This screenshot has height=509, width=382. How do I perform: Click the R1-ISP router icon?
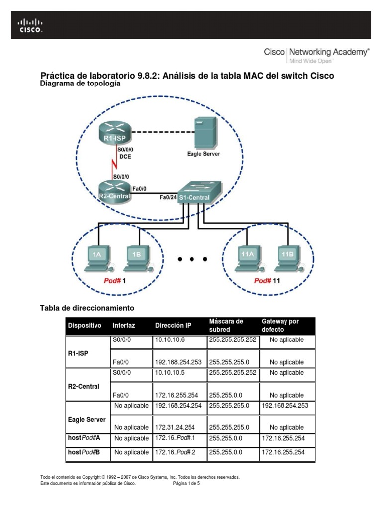[114, 133]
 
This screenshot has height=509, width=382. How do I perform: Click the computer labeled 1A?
[97, 258]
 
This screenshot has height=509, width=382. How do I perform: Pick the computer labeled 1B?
[137, 258]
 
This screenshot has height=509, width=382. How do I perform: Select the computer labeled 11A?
[247, 258]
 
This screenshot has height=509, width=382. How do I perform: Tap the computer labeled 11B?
[287, 258]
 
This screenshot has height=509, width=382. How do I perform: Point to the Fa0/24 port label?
[168, 198]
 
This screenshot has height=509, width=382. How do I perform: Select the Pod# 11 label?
[267, 281]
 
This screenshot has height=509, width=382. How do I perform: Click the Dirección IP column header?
[173, 326]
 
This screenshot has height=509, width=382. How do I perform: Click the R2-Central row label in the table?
[83, 386]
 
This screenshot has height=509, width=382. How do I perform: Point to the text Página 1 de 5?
[186, 483]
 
